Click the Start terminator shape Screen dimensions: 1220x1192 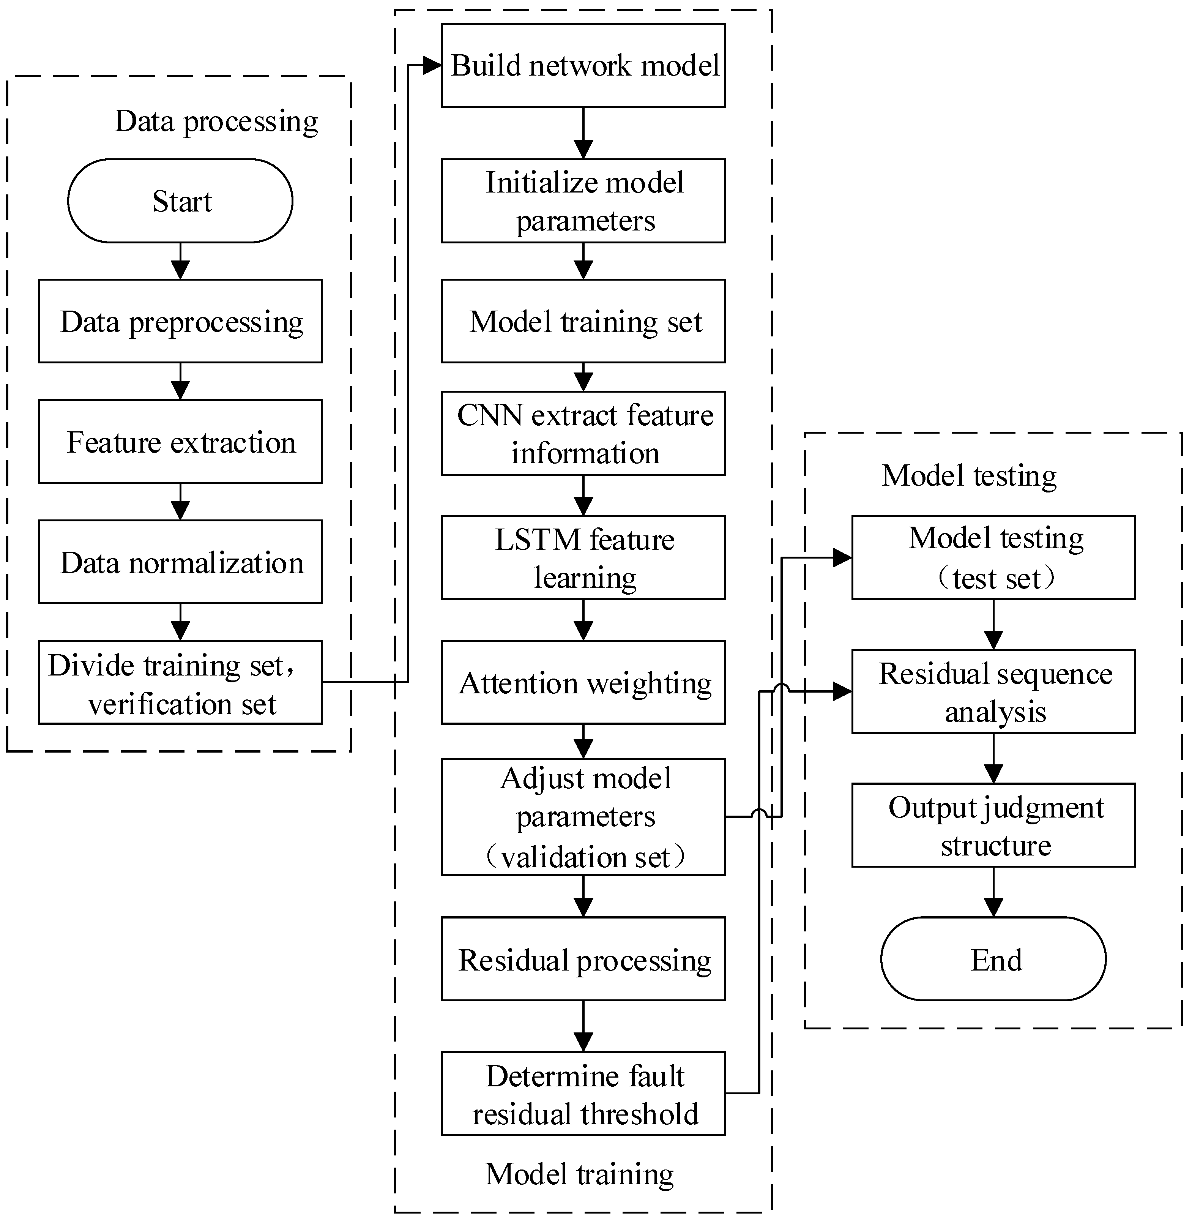[x=180, y=201]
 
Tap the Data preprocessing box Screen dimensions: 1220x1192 [x=180, y=321]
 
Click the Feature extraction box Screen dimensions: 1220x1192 [x=180, y=442]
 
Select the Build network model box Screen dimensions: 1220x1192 [x=583, y=66]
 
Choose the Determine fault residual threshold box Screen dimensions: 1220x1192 [x=583, y=1094]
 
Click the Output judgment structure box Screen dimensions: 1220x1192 [x=993, y=825]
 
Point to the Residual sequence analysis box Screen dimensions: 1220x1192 [x=993, y=691]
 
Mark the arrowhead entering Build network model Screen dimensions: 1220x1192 [x=432, y=65]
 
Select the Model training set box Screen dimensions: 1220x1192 [x=583, y=321]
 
